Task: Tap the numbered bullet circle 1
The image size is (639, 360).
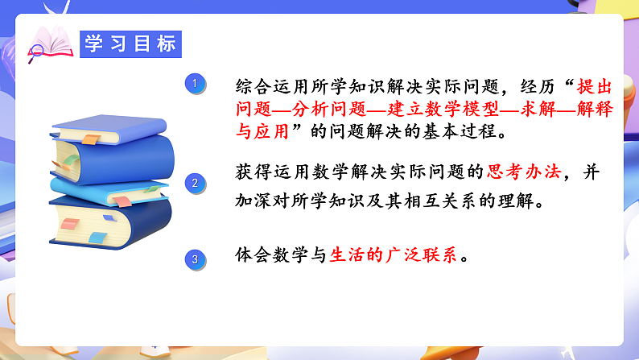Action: tap(194, 83)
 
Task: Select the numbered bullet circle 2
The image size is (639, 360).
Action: tap(194, 183)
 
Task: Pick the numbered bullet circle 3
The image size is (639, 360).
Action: tap(194, 259)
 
